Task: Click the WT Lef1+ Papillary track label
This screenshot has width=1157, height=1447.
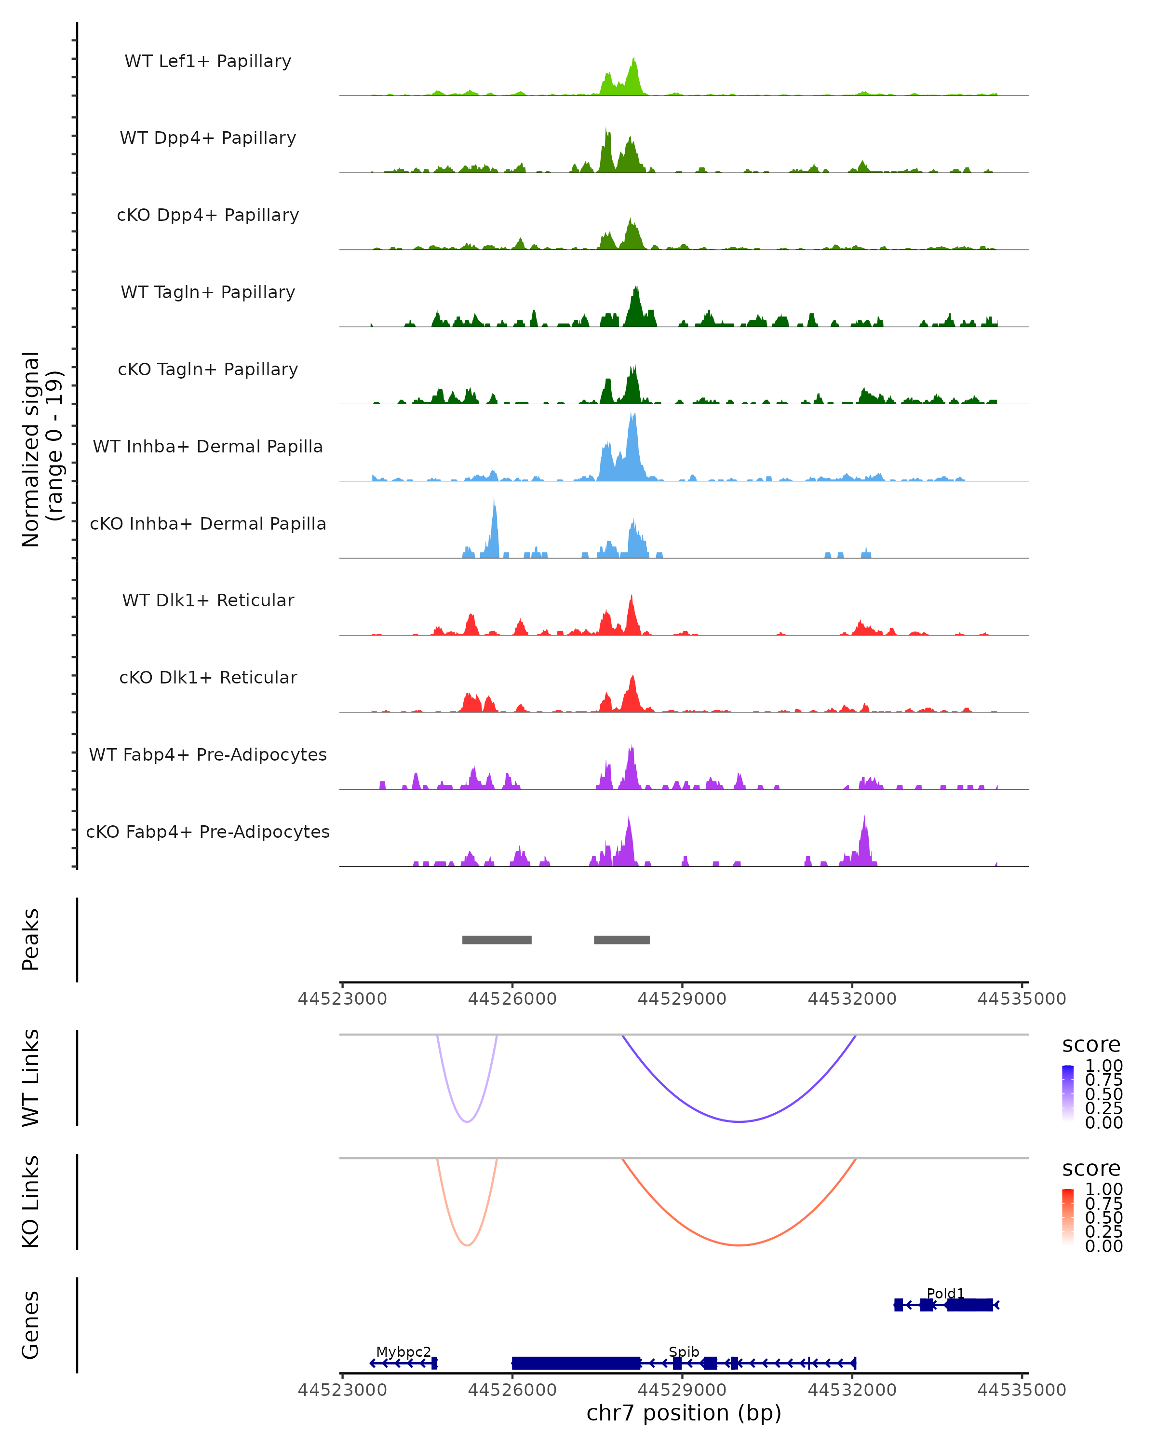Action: point(208,61)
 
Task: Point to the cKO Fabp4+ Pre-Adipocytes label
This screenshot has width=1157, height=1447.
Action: point(208,832)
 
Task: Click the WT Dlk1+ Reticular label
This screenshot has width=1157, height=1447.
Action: point(208,600)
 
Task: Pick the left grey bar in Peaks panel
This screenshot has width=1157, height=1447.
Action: point(497,940)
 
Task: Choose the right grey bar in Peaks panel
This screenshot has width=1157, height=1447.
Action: point(622,940)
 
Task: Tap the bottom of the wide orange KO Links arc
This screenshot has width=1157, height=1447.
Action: point(739,1245)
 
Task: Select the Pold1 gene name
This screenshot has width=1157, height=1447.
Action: point(945,1293)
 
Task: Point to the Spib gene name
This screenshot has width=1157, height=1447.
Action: point(684,1351)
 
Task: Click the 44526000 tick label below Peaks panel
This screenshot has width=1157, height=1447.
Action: point(512,999)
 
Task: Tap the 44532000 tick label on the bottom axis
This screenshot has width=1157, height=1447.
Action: point(852,1390)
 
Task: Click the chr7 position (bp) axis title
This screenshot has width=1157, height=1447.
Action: point(684,1413)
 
